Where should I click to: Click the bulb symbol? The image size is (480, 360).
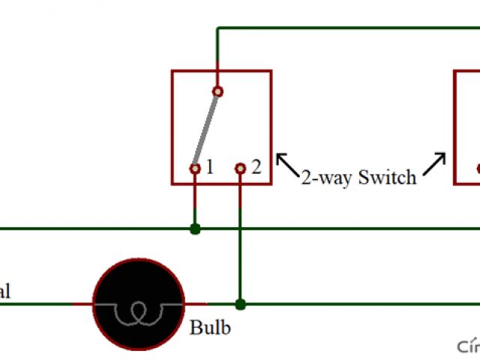[x=139, y=304]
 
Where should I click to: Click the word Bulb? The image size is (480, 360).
[x=210, y=328]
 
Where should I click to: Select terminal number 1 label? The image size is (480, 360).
[x=210, y=167]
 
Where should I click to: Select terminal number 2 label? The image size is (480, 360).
[x=256, y=167]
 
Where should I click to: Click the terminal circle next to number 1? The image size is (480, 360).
[x=195, y=169]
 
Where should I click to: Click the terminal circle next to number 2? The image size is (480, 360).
[x=240, y=169]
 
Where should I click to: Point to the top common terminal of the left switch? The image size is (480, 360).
[x=217, y=91]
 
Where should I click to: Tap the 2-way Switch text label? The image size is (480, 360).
[x=358, y=178]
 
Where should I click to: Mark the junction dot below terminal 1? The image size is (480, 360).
[x=195, y=228]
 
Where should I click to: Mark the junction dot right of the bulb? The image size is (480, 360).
[x=240, y=304]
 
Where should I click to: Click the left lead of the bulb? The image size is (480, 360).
[x=82, y=304]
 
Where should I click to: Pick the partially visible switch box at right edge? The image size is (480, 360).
[x=467, y=127]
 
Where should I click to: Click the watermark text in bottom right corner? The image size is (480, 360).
[x=469, y=346]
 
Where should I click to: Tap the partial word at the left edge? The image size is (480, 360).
[x=4, y=292]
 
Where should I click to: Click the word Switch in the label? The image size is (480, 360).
[x=387, y=178]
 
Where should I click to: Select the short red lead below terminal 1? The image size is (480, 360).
[x=195, y=197]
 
